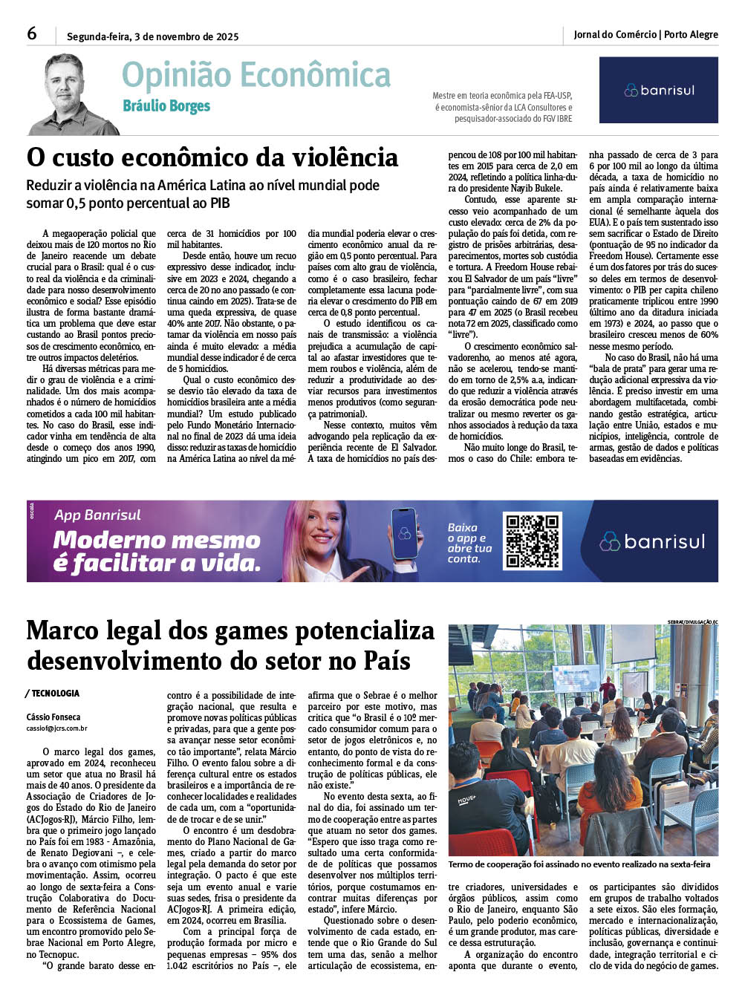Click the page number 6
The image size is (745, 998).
32,33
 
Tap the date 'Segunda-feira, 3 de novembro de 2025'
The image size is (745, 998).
152,36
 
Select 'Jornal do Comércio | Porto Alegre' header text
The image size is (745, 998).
645,34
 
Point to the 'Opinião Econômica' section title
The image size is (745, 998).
256,76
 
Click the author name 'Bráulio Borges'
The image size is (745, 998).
166,106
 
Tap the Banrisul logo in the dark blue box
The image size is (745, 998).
658,91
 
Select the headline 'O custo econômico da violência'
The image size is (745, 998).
212,157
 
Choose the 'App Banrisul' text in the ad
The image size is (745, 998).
97,515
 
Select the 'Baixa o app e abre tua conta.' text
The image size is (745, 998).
469,543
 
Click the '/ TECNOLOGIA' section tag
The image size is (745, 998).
53,694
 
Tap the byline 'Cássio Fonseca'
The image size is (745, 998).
53,717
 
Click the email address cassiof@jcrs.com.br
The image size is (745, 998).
56,728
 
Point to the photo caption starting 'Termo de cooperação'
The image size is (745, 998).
579,864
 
